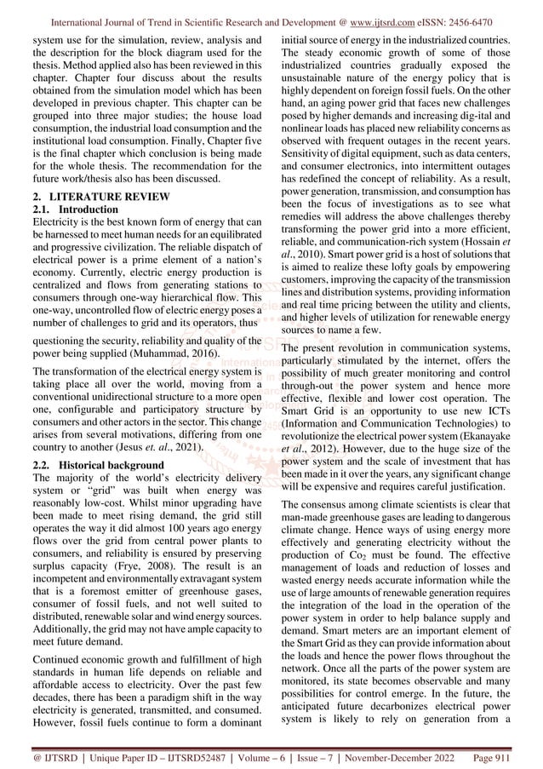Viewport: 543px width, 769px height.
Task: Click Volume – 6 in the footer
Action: (262, 755)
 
